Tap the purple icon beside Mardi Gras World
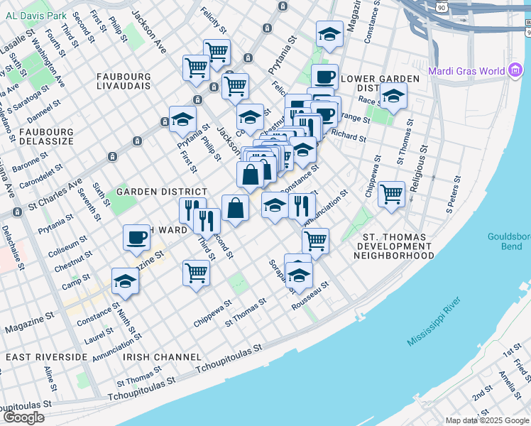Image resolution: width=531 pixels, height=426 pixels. click(516, 70)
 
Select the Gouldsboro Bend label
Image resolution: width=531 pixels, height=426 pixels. click(509, 242)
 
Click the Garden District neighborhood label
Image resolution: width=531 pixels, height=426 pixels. click(162, 192)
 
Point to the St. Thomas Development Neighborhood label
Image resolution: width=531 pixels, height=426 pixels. click(398, 246)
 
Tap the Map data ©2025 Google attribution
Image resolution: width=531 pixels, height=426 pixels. click(487, 420)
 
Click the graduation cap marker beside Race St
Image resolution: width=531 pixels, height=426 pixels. click(393, 96)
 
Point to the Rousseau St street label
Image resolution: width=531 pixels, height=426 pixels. click(310, 296)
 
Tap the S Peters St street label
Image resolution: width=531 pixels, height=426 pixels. click(454, 200)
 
